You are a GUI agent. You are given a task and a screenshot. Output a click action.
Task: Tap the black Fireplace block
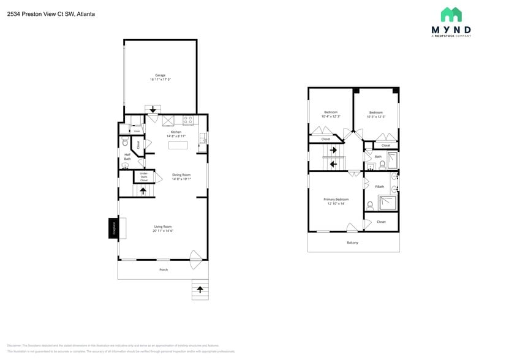point(113,228)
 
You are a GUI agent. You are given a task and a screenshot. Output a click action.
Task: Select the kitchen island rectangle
point(178,145)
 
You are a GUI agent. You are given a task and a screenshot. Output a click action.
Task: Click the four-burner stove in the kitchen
point(188,120)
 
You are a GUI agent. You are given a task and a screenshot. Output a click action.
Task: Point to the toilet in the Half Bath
point(125,141)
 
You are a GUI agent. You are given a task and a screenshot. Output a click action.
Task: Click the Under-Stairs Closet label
point(144,177)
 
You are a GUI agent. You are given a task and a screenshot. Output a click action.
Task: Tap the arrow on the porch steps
point(200,289)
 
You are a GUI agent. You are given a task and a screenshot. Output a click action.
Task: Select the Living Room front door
point(195,260)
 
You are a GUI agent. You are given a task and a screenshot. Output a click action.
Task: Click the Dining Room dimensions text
point(181,179)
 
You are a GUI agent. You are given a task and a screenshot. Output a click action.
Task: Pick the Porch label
point(164,269)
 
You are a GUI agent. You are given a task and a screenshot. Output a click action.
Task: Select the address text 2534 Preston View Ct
point(42,13)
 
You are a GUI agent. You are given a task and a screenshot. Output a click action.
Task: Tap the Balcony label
point(352,242)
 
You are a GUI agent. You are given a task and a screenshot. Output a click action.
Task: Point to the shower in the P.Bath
point(386,202)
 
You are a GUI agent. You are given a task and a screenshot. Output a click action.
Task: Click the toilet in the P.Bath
point(371,205)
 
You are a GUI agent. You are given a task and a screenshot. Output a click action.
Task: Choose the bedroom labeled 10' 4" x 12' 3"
point(331,114)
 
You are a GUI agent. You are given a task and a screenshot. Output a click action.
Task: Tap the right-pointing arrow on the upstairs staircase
point(334,150)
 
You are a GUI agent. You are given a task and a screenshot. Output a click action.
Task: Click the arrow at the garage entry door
point(153,110)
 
